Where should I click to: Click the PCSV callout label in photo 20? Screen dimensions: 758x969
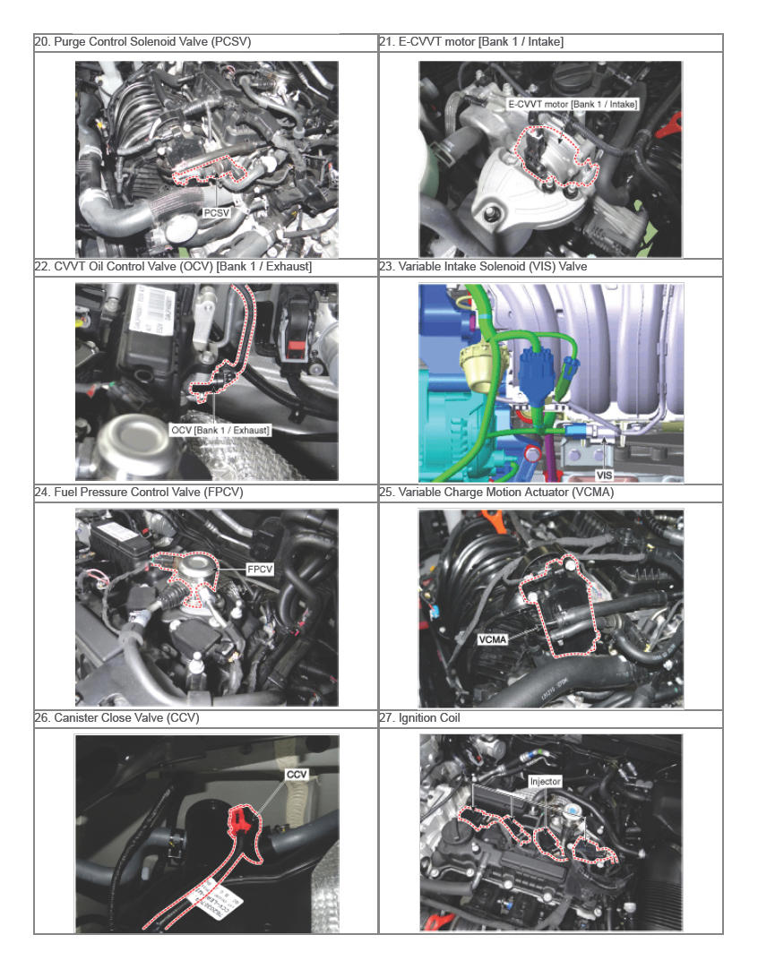pos(217,212)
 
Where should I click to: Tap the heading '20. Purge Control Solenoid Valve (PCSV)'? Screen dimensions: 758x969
pos(142,42)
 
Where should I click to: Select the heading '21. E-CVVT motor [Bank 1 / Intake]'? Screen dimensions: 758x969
pos(471,42)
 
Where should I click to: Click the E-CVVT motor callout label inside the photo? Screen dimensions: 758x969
pos(572,104)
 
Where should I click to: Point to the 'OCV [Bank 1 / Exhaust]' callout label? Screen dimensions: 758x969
pos(220,430)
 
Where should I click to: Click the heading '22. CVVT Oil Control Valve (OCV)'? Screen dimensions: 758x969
pos(173,266)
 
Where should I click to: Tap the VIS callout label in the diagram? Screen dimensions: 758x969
pos(604,475)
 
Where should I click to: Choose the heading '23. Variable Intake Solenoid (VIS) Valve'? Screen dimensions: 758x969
pos(483,266)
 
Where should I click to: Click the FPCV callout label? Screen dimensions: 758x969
pos(260,570)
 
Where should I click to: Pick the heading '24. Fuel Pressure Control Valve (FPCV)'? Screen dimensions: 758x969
pos(139,492)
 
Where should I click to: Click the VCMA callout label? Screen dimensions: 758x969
pos(492,639)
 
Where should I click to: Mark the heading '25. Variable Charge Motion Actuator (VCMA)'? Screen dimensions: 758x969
pos(496,492)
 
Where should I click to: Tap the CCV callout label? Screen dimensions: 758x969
pos(297,775)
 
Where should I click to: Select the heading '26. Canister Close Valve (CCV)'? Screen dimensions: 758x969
pos(116,717)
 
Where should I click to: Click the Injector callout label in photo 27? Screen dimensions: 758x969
pos(546,782)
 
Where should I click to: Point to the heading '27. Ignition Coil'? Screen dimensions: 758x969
pos(420,717)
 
